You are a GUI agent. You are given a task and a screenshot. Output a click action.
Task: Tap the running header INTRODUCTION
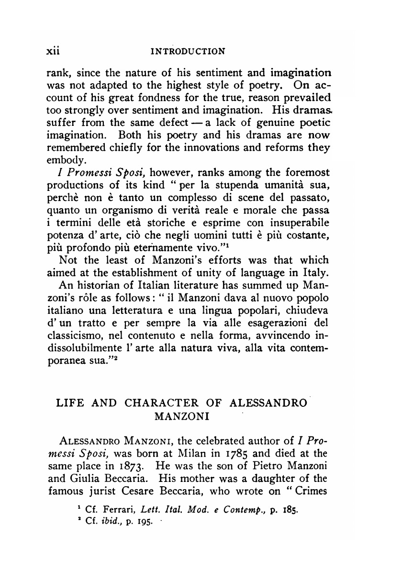(x=188, y=51)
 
